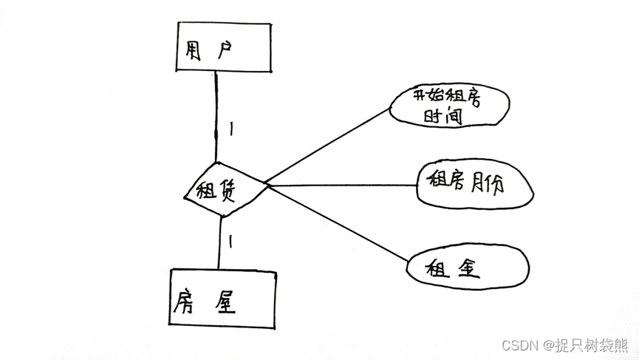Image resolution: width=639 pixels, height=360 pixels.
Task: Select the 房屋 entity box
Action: (x=222, y=299)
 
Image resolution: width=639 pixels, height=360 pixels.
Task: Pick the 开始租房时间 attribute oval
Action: (x=448, y=106)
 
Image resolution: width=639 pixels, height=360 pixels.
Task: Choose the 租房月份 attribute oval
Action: (x=474, y=184)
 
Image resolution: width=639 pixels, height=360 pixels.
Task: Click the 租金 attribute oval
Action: (x=468, y=266)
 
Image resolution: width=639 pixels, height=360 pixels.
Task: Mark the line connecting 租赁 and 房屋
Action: (x=219, y=244)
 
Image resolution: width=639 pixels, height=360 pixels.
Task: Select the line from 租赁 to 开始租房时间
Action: (x=325, y=146)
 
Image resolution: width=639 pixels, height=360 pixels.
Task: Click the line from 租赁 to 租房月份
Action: (x=340, y=185)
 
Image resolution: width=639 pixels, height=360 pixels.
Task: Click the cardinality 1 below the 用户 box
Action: (x=231, y=129)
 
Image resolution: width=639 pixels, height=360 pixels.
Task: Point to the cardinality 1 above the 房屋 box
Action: (x=230, y=241)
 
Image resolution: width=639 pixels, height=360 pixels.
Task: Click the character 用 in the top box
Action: (x=193, y=50)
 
